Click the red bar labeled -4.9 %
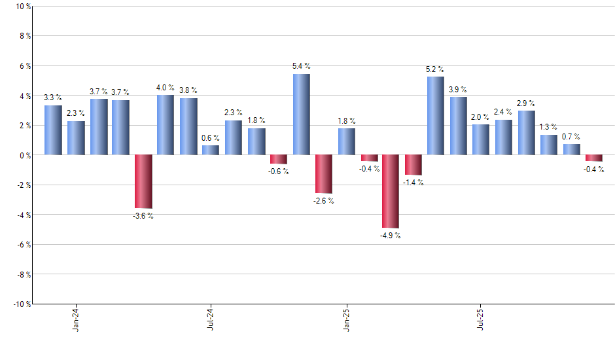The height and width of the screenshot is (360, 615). (x=391, y=191)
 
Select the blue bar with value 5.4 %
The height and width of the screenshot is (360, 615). (x=301, y=115)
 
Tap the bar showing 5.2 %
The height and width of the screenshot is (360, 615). (x=436, y=116)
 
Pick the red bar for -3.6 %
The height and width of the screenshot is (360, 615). (x=143, y=181)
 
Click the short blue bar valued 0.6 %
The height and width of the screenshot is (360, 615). (x=211, y=150)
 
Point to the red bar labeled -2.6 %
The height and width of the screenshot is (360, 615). (x=323, y=174)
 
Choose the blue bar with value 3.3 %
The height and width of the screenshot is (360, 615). (x=53, y=130)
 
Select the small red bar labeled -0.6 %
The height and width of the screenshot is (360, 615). (x=279, y=159)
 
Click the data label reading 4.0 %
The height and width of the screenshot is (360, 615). (x=165, y=88)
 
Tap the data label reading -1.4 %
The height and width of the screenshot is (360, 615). (x=413, y=183)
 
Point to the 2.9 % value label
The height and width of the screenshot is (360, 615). (x=525, y=103)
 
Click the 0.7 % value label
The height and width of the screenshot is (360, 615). (x=571, y=136)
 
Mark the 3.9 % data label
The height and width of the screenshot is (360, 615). (x=458, y=89)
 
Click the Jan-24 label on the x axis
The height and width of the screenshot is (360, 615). (x=76, y=318)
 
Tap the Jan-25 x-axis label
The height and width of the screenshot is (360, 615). (x=346, y=318)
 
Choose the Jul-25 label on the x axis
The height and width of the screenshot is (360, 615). (x=481, y=318)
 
